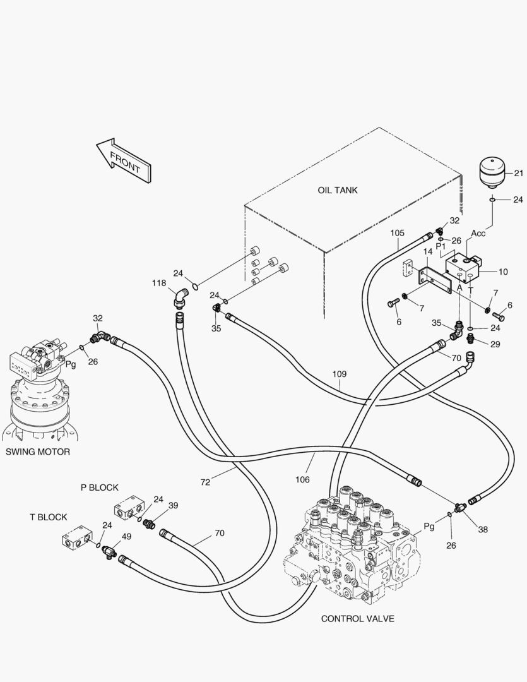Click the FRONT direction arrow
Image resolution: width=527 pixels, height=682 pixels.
[122, 162]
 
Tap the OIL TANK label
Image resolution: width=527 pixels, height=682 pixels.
[337, 190]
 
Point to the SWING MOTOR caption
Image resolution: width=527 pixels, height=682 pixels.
[38, 452]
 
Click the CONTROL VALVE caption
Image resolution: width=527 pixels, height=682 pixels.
[357, 618]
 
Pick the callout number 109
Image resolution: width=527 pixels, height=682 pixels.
[340, 374]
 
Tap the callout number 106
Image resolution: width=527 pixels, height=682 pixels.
[302, 479]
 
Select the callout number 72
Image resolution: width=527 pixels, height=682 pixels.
[206, 482]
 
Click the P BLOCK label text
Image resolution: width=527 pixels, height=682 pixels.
[100, 488]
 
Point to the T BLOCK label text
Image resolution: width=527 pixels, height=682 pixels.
[48, 517]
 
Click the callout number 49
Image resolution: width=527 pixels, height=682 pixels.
[126, 537]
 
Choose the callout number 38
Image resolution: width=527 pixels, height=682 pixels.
[483, 530]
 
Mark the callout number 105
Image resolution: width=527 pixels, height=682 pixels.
[397, 233]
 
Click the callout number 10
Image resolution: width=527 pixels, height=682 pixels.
[503, 272]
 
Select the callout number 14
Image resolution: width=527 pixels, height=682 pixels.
[428, 251]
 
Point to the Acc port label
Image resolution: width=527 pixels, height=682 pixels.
[478, 234]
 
